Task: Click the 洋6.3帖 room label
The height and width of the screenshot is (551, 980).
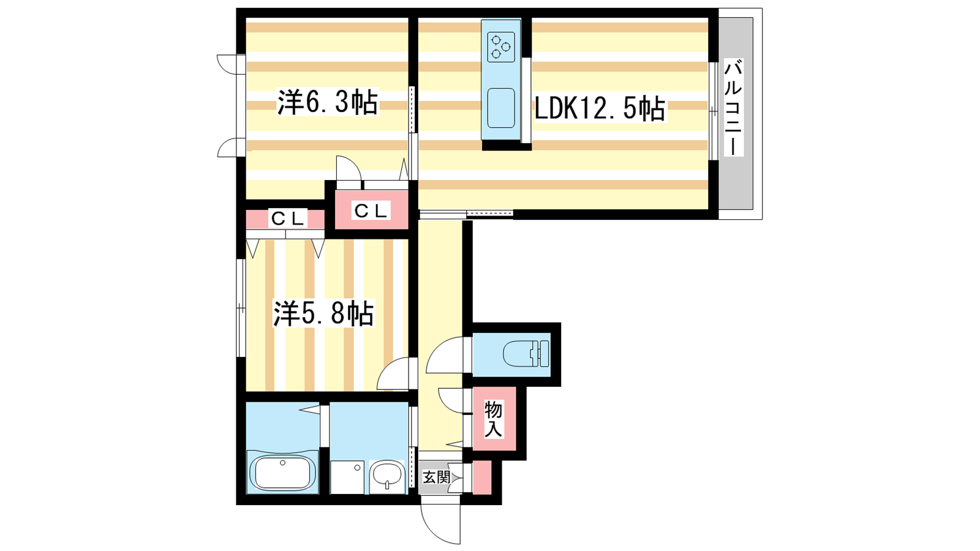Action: point(327,102)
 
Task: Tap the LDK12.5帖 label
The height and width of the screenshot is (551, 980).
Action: point(600,108)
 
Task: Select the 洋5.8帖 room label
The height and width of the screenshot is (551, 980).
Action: point(324,313)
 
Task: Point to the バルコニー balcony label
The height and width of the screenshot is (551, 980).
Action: point(733,108)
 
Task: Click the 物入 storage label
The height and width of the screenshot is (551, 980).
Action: point(493,419)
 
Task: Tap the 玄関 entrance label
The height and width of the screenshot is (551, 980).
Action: point(436,477)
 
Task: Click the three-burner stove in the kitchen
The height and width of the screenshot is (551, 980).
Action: point(501,47)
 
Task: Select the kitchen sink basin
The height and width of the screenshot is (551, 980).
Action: point(501,108)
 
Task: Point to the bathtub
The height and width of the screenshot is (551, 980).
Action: point(282,472)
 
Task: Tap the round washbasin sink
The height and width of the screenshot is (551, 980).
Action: point(387,476)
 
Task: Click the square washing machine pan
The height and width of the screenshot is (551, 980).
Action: point(347,477)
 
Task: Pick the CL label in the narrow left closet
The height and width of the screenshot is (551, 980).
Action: point(287,219)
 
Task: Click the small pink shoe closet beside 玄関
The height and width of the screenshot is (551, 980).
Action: point(481,477)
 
